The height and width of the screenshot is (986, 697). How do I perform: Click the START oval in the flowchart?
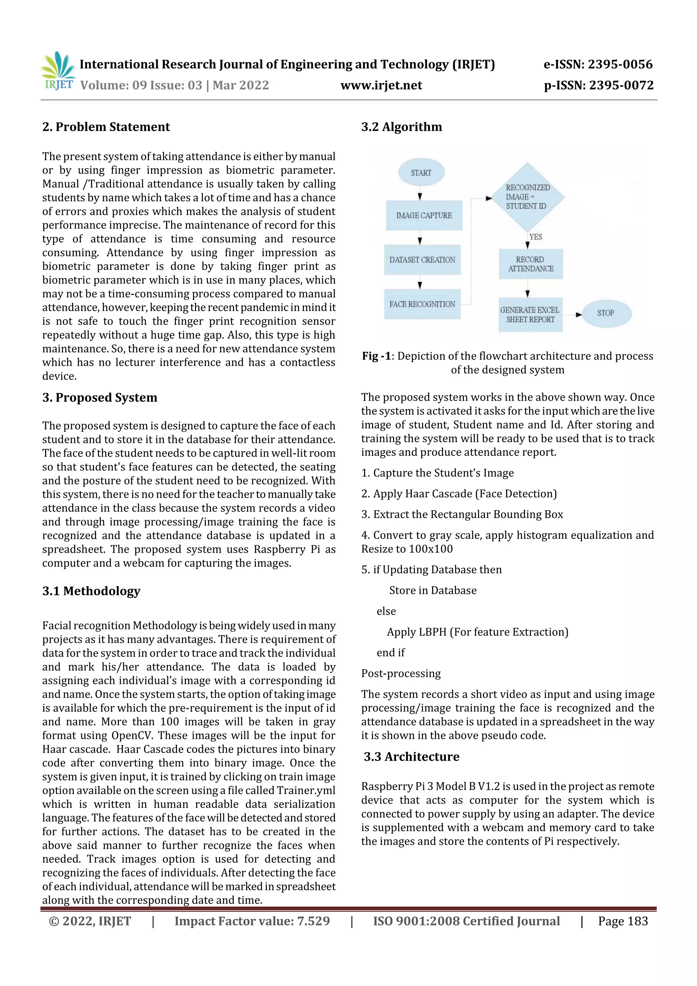pos(421,173)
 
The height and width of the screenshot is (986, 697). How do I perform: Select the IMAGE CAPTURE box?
pos(424,215)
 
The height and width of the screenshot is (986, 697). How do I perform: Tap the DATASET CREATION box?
pos(422,260)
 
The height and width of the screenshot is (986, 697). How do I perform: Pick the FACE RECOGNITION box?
pos(422,304)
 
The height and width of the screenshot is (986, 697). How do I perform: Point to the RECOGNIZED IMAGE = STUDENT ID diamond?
pos(528,197)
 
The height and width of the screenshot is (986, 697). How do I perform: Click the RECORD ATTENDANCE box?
pos(531,264)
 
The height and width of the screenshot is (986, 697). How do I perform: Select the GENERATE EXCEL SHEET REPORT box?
pos(530,315)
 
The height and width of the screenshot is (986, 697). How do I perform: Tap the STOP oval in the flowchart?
pos(606,313)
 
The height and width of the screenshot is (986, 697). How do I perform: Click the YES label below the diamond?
pos(536,237)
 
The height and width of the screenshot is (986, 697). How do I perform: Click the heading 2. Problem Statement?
pos(106,127)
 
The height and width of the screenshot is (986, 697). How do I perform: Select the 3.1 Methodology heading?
pos(91,591)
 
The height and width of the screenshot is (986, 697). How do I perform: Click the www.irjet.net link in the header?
pos(382,85)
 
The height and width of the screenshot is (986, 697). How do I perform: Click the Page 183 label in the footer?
pos(623,921)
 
